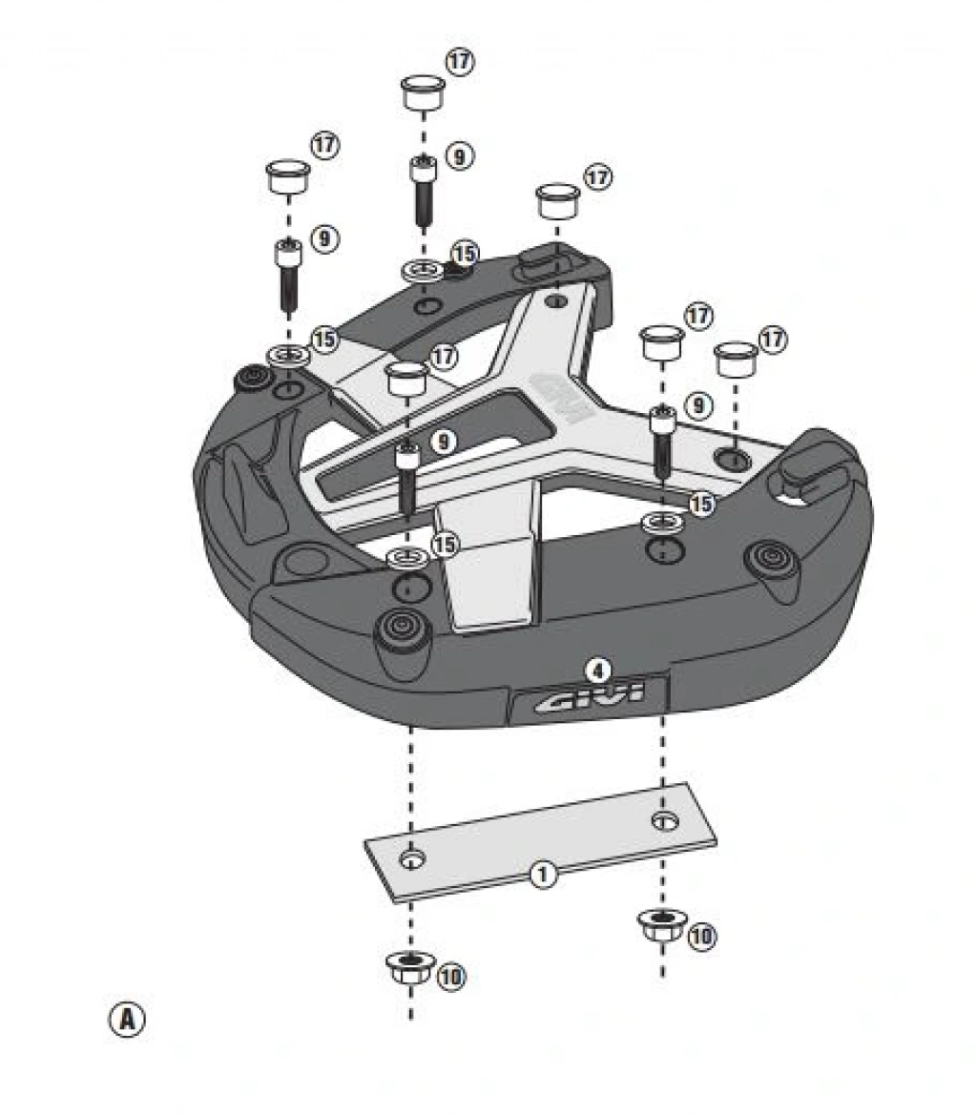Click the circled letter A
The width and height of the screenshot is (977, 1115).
tap(127, 1019)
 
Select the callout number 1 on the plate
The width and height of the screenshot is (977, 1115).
tap(543, 873)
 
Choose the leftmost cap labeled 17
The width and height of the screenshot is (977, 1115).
tap(287, 177)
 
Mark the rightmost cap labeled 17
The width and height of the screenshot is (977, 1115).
tap(736, 361)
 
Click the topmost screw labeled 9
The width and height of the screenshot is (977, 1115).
tap(422, 191)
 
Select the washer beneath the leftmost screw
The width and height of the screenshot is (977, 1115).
tap(288, 357)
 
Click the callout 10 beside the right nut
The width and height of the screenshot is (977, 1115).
tap(701, 936)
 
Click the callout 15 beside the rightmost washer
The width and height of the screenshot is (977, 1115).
tap(701, 504)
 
